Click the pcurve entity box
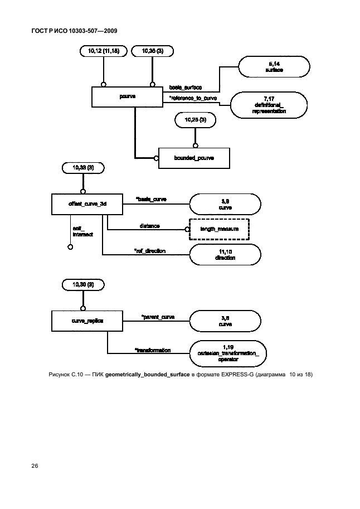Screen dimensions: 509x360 tap(128, 96)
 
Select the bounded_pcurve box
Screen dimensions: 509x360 tap(194, 158)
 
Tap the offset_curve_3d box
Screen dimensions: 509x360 tap(87, 204)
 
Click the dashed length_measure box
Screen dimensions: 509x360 tap(219, 229)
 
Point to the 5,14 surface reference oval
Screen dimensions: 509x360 tap(273, 67)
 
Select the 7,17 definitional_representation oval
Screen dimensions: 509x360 tap(269, 104)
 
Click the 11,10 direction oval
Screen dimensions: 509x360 tap(225, 255)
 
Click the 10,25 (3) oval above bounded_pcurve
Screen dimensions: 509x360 tap(194, 119)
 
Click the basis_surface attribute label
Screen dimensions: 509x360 tap(186, 88)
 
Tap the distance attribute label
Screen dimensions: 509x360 tap(149, 226)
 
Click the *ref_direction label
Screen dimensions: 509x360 tap(149, 251)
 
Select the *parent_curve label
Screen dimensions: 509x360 tap(158, 317)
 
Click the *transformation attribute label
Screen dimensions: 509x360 tap(152, 350)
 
